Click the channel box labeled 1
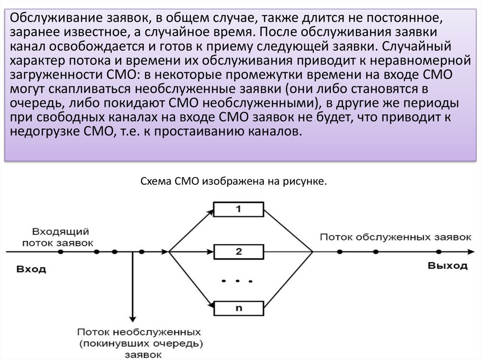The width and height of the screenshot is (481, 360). (x=238, y=209)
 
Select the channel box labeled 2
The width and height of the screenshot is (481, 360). (x=238, y=252)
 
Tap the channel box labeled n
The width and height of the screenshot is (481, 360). (x=238, y=308)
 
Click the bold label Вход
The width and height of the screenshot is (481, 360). (x=31, y=269)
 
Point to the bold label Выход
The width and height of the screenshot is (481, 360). (x=448, y=266)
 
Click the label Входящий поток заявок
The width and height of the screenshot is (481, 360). (x=58, y=237)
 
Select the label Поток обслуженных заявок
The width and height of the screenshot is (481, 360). (x=396, y=237)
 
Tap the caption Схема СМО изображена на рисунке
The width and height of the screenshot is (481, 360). (x=234, y=181)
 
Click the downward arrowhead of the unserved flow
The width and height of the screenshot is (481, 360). (x=132, y=319)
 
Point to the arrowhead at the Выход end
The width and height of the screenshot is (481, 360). (x=471, y=252)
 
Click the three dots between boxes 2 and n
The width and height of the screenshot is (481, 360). (x=237, y=281)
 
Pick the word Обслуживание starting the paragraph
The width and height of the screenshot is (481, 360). (x=56, y=18)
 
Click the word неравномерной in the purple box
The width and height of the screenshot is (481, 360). (x=420, y=61)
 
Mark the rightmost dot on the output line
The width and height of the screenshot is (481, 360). (x=439, y=252)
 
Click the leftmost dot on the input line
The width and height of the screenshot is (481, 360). (x=61, y=252)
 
